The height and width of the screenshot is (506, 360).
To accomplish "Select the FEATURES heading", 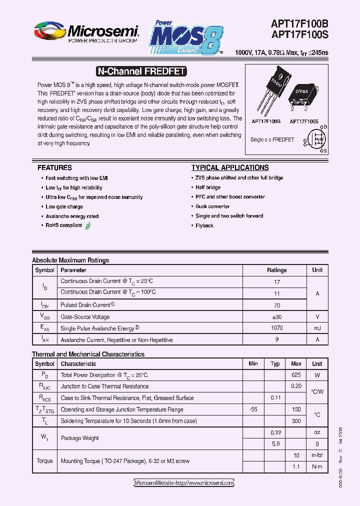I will [x=54, y=168].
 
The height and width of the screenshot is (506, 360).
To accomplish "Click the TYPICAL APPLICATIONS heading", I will [x=230, y=168].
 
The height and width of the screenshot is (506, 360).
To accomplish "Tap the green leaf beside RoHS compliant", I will [x=88, y=225].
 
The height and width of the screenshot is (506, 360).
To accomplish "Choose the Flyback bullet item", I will [x=204, y=226].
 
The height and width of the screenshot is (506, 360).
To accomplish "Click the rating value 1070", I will [x=276, y=328].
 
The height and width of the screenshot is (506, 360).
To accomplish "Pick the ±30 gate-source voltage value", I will [x=276, y=316].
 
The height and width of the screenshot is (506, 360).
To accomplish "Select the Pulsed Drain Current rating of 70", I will [x=276, y=305].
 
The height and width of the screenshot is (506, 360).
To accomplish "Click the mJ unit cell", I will [x=317, y=328].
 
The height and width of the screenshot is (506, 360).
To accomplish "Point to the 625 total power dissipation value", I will [x=296, y=375].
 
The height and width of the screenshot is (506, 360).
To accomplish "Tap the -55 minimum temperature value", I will [x=253, y=409].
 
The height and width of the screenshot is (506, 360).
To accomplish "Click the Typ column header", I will [x=275, y=363].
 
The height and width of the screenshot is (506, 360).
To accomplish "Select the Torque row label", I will [x=44, y=461].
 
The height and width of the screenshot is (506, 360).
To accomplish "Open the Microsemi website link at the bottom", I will [x=184, y=483].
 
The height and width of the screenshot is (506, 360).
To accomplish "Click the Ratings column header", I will [x=276, y=270].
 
